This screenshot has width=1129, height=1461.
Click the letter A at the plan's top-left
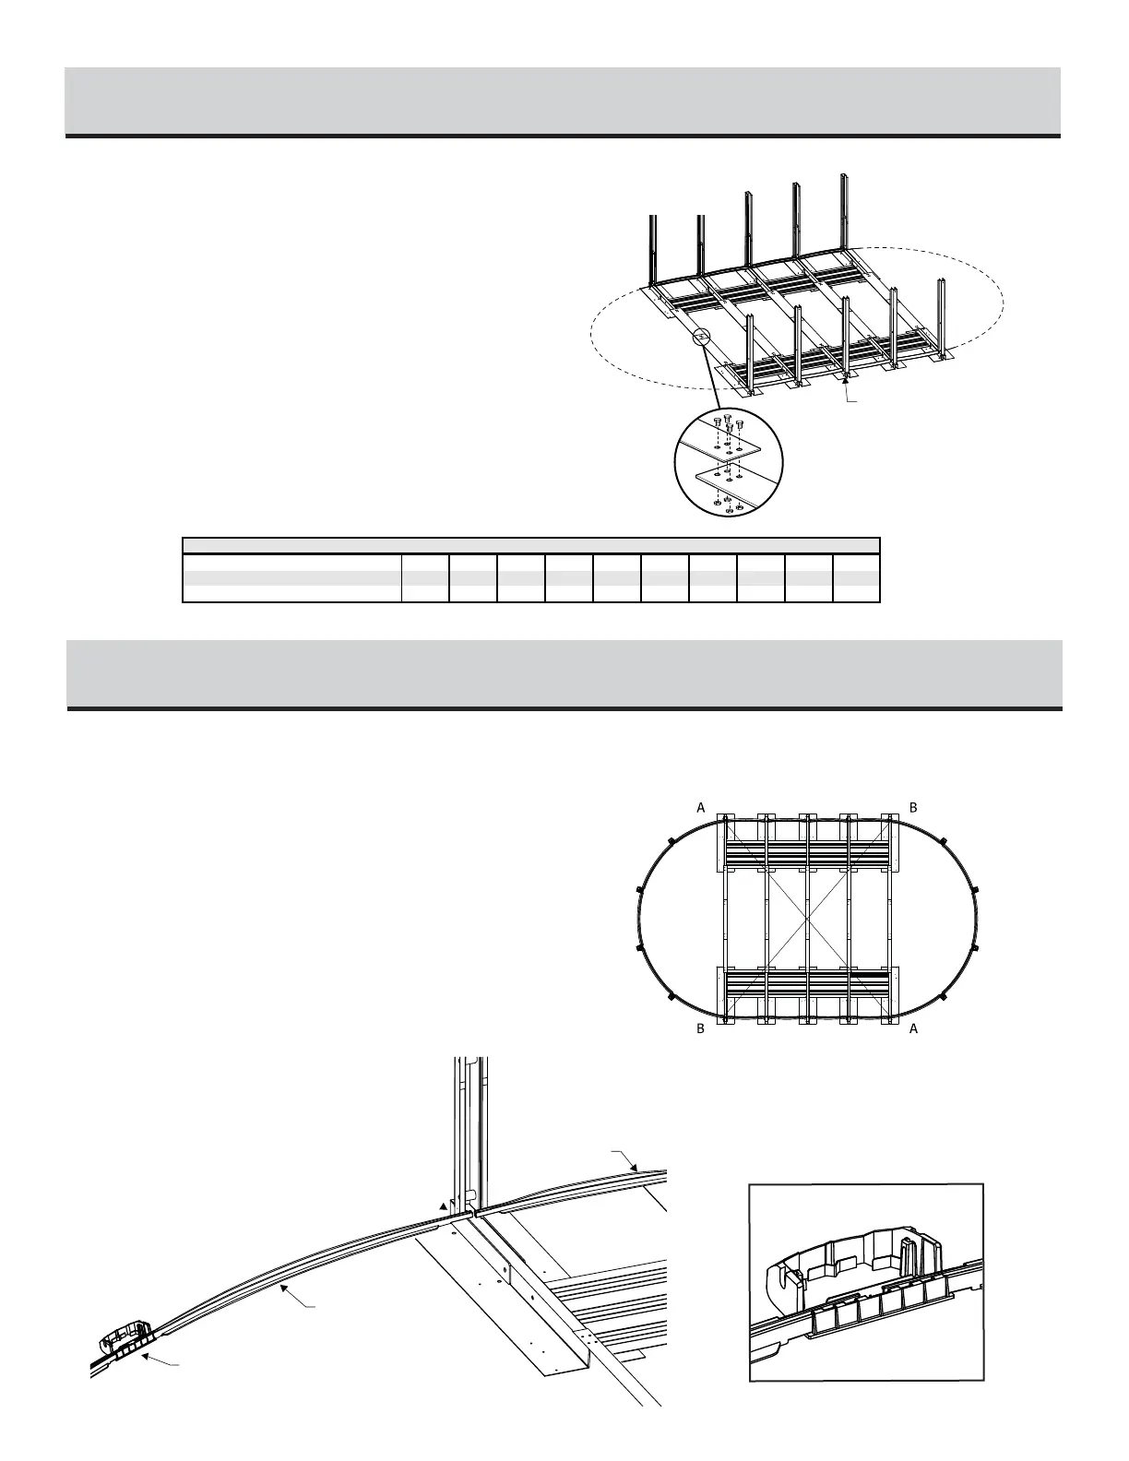pos(701,807)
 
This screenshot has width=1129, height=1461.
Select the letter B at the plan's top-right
pos(913,807)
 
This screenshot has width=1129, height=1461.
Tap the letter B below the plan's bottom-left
pos(701,1028)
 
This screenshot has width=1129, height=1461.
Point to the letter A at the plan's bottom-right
pos(914,1028)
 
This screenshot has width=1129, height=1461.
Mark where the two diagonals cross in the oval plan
pos(808,921)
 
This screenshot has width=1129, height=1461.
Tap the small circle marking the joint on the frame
pos(702,338)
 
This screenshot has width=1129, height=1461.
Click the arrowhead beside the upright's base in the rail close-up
pos(444,1206)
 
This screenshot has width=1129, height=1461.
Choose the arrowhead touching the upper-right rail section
pos(634,1167)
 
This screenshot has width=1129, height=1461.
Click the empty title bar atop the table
pos(531,545)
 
